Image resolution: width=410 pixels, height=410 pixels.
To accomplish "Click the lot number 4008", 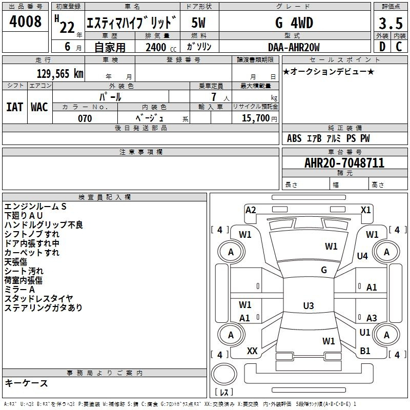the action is click(x=25, y=22).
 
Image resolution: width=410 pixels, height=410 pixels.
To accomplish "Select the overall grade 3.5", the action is click(x=391, y=23).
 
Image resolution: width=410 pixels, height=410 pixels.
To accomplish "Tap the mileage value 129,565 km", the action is click(x=60, y=74).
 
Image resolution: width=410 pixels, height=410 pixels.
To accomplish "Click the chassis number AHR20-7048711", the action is click(x=344, y=162).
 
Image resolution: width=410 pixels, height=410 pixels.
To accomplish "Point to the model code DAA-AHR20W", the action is click(x=294, y=47).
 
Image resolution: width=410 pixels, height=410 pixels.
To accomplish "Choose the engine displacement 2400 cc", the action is click(x=161, y=47).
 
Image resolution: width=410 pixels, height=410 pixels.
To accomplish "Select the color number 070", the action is click(x=85, y=118).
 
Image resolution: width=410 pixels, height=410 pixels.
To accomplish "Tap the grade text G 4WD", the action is click(x=294, y=23).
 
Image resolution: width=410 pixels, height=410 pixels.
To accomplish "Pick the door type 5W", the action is click(x=198, y=23).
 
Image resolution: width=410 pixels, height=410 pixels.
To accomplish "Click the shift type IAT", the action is click(x=14, y=107).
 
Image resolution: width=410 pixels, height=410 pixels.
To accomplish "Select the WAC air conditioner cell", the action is click(x=39, y=107).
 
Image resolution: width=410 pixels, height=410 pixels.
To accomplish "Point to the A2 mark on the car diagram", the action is click(x=251, y=210).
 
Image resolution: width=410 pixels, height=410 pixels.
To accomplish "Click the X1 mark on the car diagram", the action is click(x=365, y=210).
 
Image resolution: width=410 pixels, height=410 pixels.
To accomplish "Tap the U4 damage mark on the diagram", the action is click(x=362, y=256).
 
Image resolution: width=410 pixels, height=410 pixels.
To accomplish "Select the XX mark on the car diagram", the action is click(x=252, y=351).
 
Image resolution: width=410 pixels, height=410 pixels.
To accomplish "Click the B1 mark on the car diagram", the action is click(x=365, y=351).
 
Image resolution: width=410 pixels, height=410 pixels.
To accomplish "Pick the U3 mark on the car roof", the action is click(x=309, y=305).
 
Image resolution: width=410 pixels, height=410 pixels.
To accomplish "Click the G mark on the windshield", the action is click(x=324, y=270).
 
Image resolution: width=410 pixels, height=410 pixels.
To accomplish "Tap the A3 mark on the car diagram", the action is click(x=372, y=318).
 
